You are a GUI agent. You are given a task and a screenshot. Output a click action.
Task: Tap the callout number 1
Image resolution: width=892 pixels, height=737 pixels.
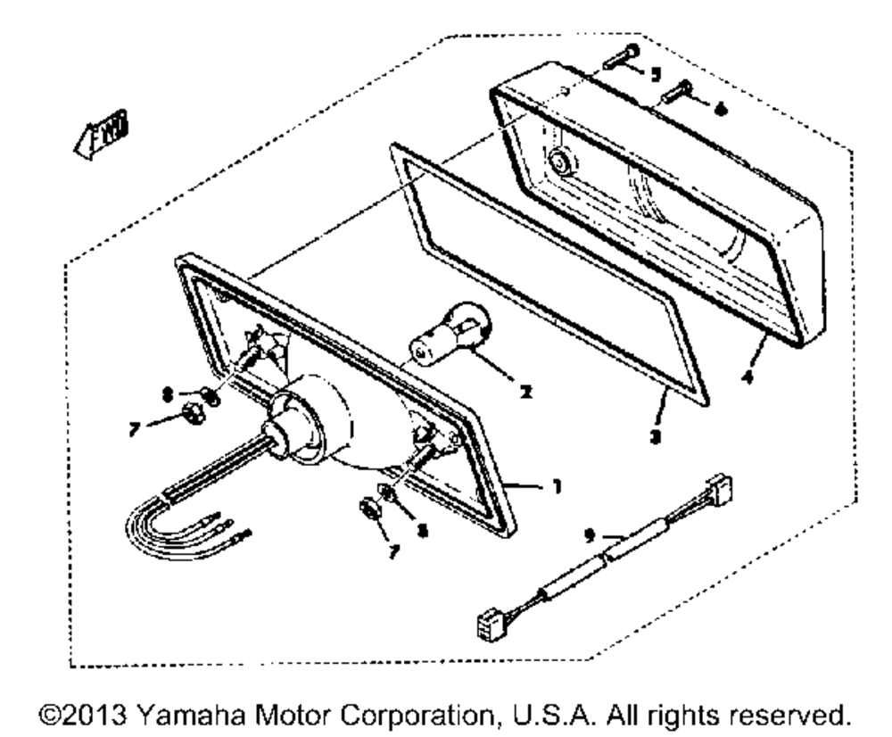click(x=557, y=488)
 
